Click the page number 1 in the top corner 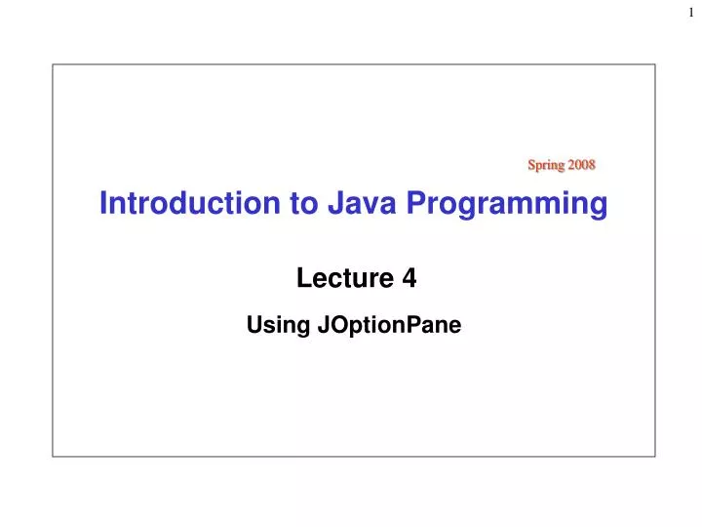click(x=691, y=13)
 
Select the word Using click(x=279, y=326)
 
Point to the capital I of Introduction click(x=103, y=204)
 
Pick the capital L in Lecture click(x=301, y=280)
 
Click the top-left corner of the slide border click(x=53, y=65)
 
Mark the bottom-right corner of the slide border click(x=655, y=456)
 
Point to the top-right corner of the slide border click(x=655, y=65)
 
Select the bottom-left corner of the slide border click(x=53, y=456)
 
